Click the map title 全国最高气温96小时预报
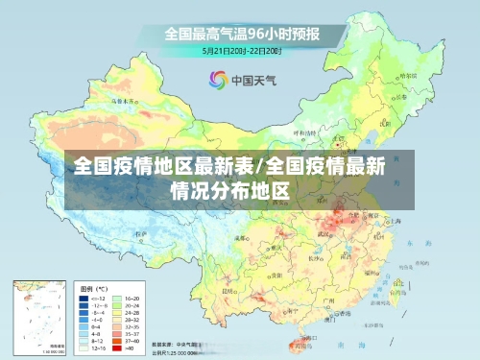click(x=241, y=33)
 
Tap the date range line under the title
click(x=241, y=50)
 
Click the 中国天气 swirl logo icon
click(x=217, y=80)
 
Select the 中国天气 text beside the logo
click(x=252, y=80)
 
